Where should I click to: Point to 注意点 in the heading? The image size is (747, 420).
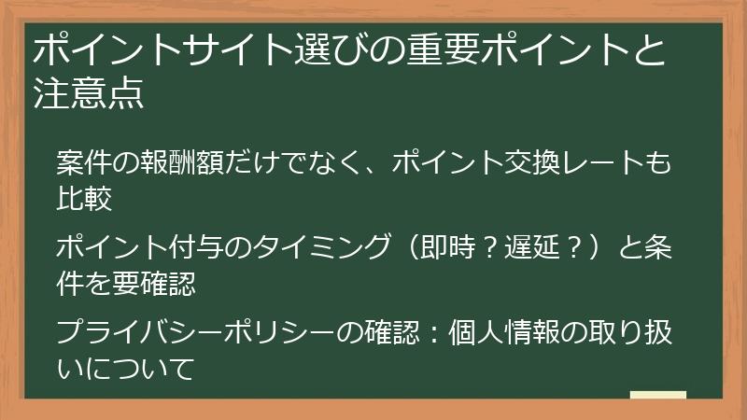coord(89,95)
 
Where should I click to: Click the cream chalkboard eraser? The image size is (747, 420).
coord(657,396)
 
